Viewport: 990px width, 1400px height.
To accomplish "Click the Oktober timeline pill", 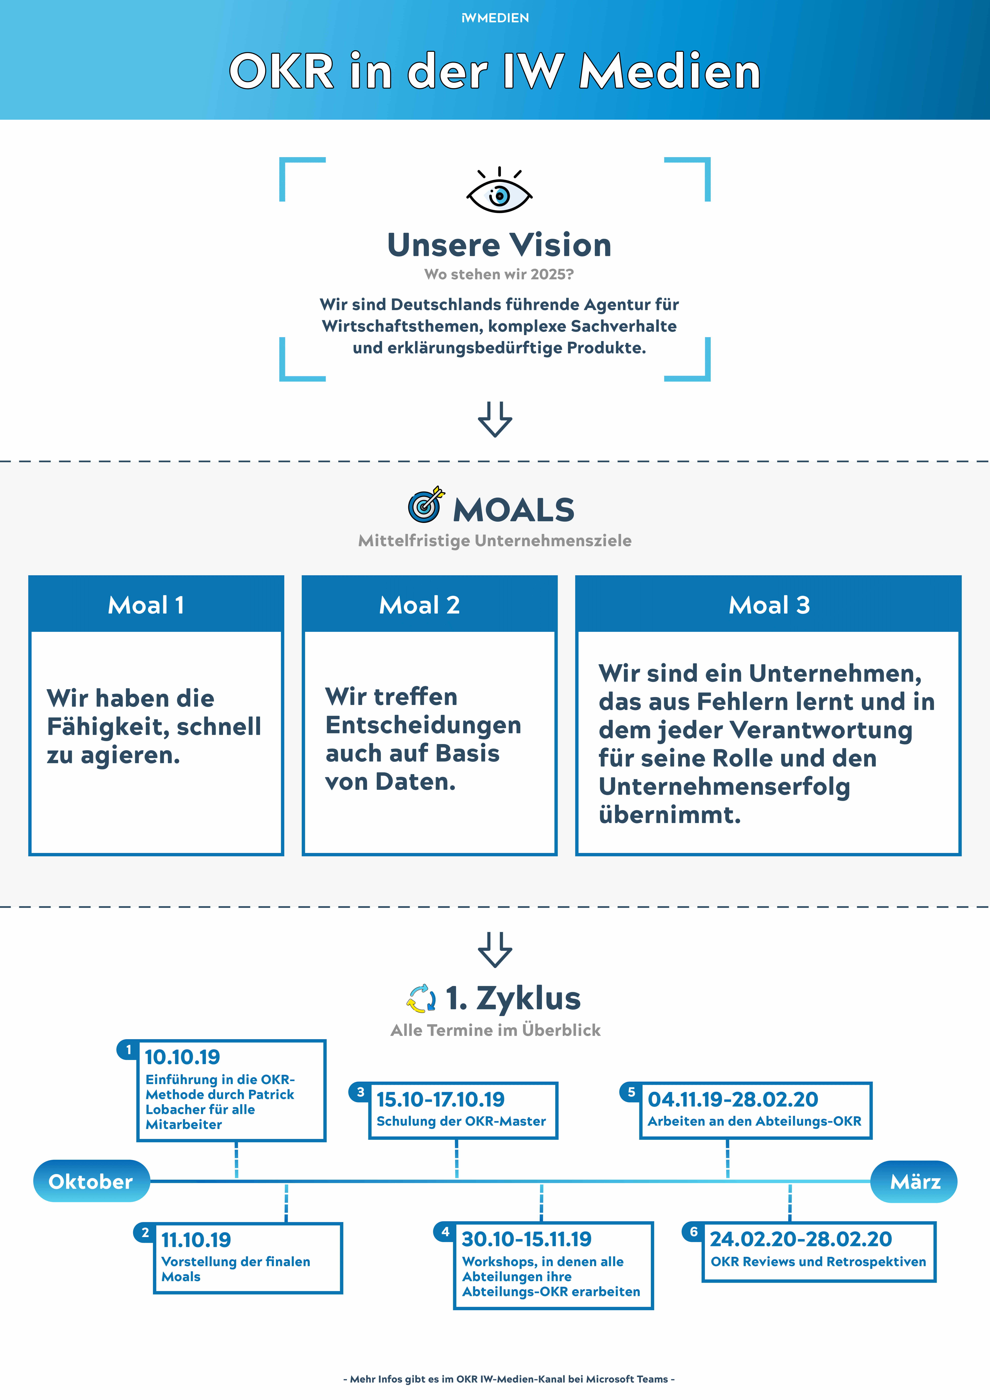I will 91,1181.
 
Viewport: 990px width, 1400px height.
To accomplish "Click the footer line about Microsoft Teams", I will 509,1379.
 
